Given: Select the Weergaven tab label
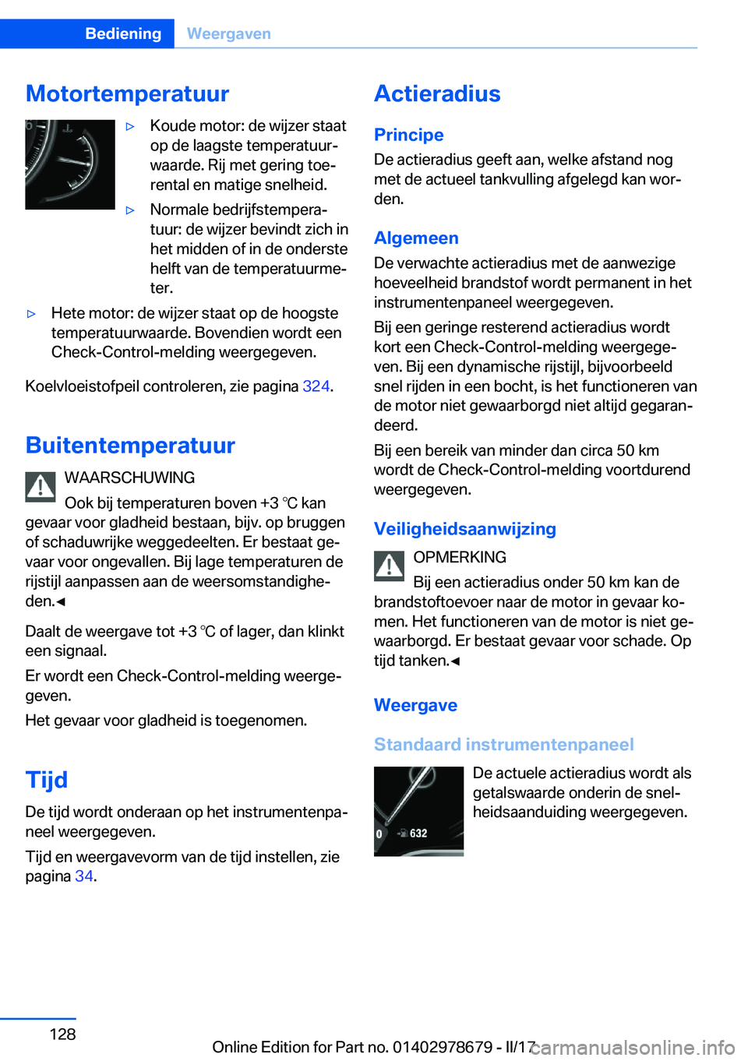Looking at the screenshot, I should (229, 33).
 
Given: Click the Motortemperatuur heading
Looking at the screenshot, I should (127, 93).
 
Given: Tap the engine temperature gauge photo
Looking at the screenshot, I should (70, 164).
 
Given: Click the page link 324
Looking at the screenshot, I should (316, 386).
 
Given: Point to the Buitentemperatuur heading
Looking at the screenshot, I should (130, 446).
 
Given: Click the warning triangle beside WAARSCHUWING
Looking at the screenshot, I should (41, 486).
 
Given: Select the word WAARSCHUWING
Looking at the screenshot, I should (129, 478).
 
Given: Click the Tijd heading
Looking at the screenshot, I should (47, 780).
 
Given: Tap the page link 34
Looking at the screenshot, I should (84, 876).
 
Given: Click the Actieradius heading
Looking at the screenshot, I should (437, 93).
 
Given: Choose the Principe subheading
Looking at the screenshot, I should (408, 135).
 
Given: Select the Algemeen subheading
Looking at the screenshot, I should (416, 238).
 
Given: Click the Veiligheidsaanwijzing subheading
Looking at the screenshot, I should (464, 529).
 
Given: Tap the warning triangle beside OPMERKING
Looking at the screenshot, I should (389, 566).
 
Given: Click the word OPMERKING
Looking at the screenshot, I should (460, 557).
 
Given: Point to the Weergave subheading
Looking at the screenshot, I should (415, 705).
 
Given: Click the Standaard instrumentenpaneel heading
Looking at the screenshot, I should (503, 745).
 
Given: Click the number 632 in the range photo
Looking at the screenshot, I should (418, 834).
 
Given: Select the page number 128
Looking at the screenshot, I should (62, 1034).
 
